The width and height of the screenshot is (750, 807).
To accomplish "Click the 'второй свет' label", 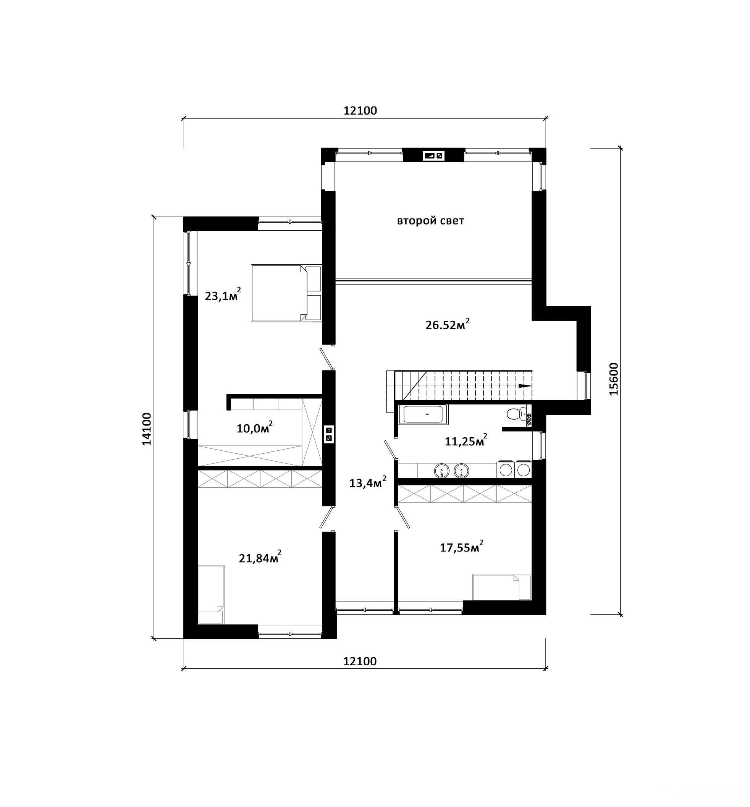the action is [x=430, y=221].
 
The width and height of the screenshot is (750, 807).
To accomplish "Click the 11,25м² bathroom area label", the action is [x=466, y=440].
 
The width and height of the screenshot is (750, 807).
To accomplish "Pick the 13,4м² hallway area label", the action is [x=368, y=482].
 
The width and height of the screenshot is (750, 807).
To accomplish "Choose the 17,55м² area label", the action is [x=461, y=547].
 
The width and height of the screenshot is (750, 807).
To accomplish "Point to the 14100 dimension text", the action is [x=147, y=429].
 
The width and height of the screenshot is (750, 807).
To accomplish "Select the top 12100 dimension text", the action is [x=360, y=110].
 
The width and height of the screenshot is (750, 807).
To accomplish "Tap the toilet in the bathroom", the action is [x=516, y=414].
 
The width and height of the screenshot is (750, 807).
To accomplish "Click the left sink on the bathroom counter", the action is [x=441, y=471].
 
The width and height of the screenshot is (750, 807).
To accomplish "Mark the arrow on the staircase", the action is [x=525, y=386].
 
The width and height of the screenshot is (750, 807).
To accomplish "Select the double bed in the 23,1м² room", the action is [x=286, y=293].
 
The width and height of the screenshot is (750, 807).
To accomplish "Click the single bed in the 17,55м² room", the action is [x=502, y=587].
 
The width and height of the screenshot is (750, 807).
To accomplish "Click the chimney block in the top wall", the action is [x=433, y=155].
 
